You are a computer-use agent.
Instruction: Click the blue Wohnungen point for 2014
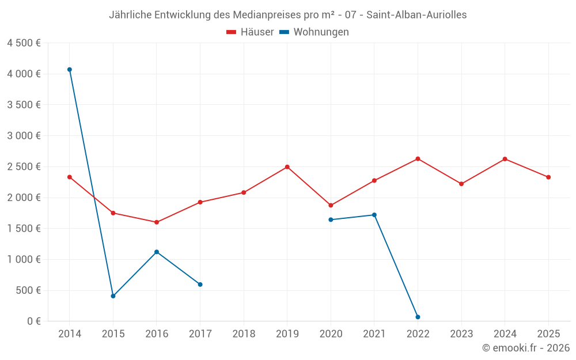[70, 70]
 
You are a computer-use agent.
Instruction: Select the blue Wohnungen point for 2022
[418, 317]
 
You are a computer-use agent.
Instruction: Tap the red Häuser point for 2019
[287, 167]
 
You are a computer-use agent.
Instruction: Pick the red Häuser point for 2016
[157, 222]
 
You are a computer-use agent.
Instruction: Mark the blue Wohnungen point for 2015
[113, 296]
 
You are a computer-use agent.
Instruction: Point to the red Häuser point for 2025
[548, 177]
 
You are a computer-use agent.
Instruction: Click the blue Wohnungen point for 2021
[374, 215]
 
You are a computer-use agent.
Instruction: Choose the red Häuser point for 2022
[418, 159]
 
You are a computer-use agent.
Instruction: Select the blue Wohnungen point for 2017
[200, 285]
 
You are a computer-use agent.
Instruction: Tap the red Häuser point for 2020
[331, 206]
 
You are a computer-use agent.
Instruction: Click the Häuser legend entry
[251, 32]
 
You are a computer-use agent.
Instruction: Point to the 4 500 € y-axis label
[24, 43]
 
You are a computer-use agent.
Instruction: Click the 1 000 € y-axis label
[24, 259]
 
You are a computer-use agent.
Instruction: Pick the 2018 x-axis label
[244, 334]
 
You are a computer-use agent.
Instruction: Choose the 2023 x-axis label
[461, 334]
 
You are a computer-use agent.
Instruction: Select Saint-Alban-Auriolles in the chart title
[416, 15]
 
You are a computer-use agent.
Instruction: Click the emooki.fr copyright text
[526, 348]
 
